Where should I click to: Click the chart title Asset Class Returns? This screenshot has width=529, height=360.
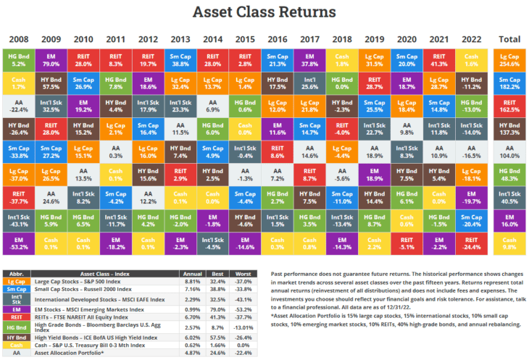(x=264, y=12)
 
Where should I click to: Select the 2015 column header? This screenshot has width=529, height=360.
(x=245, y=38)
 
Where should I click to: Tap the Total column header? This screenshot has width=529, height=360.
(x=510, y=38)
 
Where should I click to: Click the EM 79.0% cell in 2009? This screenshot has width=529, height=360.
(x=51, y=60)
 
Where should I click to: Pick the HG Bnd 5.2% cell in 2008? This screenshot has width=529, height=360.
(x=19, y=60)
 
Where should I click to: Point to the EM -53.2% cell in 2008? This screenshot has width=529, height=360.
(x=19, y=243)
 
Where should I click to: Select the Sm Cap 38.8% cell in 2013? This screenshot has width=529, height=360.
(x=180, y=60)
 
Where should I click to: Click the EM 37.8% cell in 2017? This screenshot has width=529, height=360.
(x=309, y=60)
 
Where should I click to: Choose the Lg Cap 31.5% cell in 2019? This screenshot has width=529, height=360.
(x=375, y=60)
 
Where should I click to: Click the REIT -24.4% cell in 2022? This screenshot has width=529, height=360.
(x=472, y=243)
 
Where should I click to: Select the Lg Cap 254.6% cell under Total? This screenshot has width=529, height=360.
(x=510, y=60)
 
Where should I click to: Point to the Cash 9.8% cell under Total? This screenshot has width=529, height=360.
(x=510, y=243)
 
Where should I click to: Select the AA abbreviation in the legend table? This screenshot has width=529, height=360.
(x=16, y=352)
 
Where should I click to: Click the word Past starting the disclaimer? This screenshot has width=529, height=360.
(x=278, y=273)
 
